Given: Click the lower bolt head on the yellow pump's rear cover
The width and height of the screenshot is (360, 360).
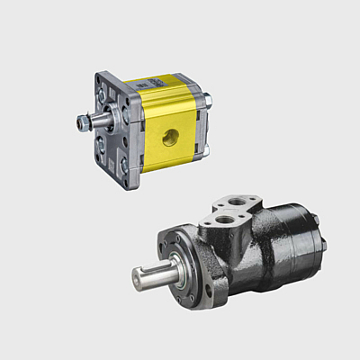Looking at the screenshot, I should point(205,144).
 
